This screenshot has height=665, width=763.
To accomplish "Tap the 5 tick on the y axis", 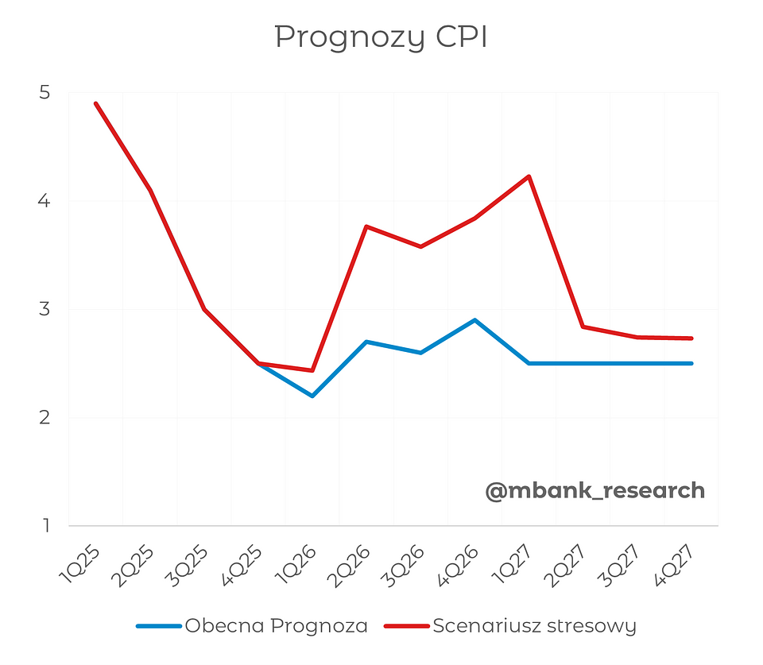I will point(44,93).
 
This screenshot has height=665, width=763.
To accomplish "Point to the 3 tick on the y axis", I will point(44,309).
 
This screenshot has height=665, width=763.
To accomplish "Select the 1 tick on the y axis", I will point(44,525).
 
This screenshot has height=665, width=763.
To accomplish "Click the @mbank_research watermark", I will point(595,491).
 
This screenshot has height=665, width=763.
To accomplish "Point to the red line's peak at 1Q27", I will point(529,176).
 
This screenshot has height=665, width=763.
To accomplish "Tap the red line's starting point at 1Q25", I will point(96,103).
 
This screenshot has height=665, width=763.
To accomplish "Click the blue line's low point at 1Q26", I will point(312,396).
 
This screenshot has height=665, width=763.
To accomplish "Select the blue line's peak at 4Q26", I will point(474,320).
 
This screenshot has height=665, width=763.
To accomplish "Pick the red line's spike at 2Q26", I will point(366,226).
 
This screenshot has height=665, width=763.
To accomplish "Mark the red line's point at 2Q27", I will point(583,327).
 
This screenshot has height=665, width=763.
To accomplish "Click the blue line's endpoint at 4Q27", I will point(691,363).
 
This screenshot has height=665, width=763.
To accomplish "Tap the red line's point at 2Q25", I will point(150,190).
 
